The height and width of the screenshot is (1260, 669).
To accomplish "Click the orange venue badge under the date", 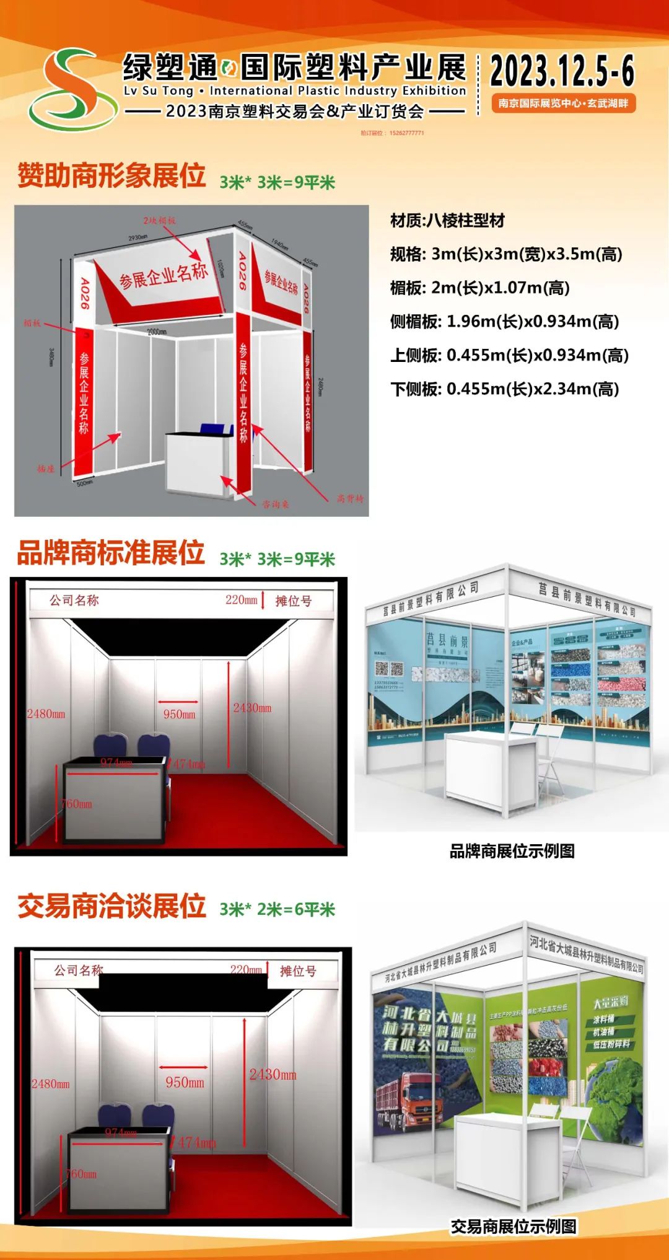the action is tap(563, 104).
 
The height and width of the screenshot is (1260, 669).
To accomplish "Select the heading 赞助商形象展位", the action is tap(111, 175).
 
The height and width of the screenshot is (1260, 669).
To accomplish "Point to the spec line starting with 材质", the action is tap(447, 221).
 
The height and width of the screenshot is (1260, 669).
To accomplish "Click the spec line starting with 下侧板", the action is tap(504, 389).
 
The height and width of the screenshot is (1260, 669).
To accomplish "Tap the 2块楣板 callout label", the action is tap(159, 220).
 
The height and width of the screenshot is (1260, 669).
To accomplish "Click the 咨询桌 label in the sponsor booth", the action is tap(275, 504).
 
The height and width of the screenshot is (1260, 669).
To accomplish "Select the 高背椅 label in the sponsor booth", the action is tap(350, 498).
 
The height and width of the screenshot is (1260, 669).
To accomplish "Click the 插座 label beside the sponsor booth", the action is tap(46, 469).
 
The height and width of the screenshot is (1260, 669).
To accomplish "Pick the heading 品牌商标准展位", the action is tap(111, 553).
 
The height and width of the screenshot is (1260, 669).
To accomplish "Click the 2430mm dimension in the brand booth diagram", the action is tap(252, 708).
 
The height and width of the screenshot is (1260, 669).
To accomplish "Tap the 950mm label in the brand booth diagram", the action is tap(179, 715).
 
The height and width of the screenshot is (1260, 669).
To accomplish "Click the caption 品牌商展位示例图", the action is tap(512, 851).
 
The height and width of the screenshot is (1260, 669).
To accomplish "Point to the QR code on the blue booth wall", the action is tap(388, 670).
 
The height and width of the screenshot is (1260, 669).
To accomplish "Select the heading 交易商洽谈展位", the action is tap(111, 906).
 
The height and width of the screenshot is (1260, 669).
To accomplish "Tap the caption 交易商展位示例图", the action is tap(514, 1227).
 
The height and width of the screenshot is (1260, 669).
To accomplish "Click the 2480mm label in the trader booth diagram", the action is tap(51, 1084).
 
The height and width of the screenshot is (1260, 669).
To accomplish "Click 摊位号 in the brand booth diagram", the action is tap(293, 601).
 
